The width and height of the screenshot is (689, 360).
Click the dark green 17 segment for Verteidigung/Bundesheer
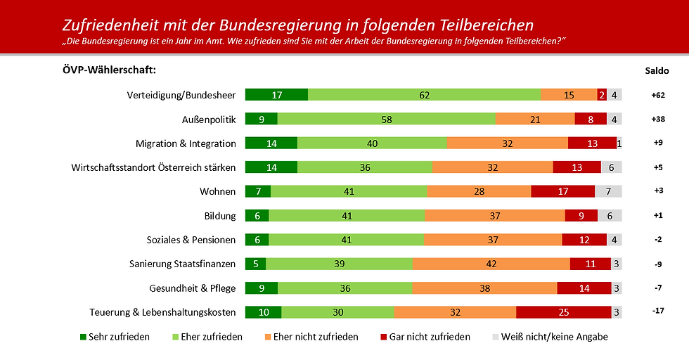[276, 95]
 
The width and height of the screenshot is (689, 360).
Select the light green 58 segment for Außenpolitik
[387, 119]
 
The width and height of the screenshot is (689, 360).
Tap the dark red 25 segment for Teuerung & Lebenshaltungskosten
[564, 312]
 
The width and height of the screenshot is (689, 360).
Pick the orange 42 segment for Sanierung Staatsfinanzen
[491, 264]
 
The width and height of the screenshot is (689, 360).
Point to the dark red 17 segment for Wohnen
[562, 191]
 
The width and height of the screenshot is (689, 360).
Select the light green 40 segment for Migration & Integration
[372, 143]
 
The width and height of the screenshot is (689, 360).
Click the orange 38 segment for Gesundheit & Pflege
[484, 288]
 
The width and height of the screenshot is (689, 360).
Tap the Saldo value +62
[657, 95]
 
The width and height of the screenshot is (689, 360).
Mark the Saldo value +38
[657, 119]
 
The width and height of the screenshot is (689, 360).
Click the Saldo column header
[657, 70]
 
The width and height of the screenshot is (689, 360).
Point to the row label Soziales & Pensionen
[191, 240]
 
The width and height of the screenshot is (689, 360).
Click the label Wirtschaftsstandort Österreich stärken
[153, 167]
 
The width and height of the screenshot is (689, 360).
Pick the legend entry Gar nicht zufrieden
[430, 337]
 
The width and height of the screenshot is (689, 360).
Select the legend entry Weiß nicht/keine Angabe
[553, 337]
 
